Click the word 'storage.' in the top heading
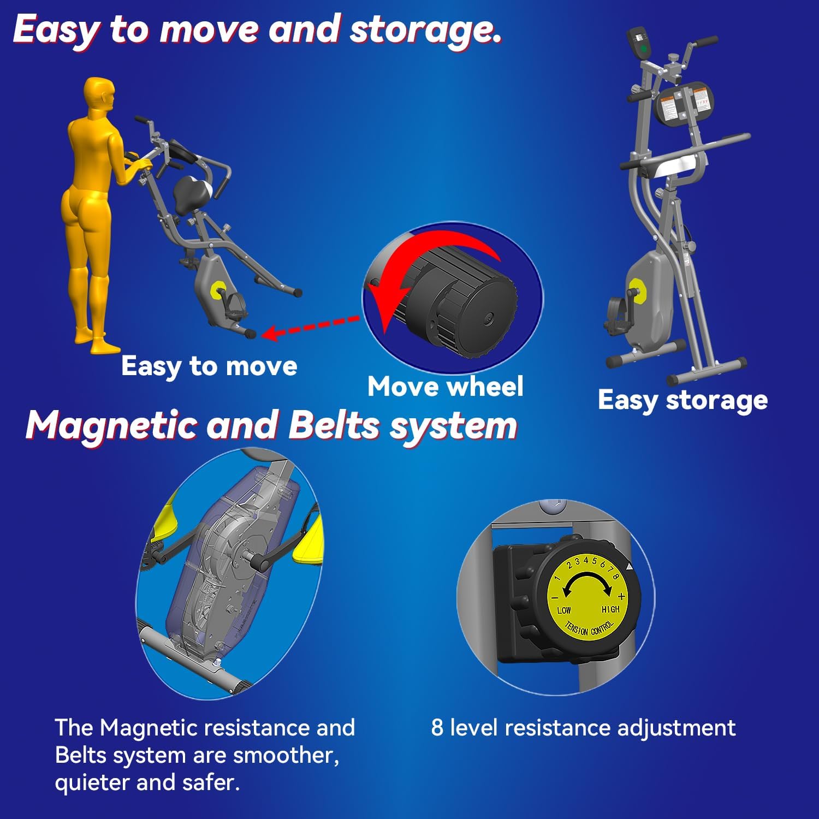click(425, 30)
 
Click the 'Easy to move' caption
click(209, 366)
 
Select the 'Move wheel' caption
click(446, 387)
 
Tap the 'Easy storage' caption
click(682, 401)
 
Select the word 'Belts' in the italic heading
click(334, 424)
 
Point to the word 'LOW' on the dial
click(564, 610)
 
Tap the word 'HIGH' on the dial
click(610, 609)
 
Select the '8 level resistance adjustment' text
click(583, 728)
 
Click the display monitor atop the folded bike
click(640, 44)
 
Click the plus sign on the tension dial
click(621, 596)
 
